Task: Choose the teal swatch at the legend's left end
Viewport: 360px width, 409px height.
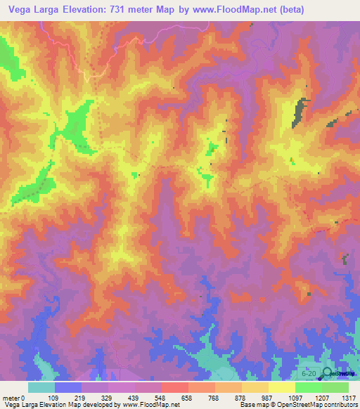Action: coord(41,387)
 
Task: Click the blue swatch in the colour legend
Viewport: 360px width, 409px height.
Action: coord(67,387)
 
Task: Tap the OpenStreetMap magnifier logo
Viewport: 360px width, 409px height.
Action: coord(328,373)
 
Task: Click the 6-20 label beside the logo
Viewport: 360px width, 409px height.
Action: coord(308,373)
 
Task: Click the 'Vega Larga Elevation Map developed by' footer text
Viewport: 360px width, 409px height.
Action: coord(60,405)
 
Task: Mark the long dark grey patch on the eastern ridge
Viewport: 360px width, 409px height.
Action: coord(301,111)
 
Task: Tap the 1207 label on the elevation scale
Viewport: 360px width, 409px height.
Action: coord(321,397)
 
